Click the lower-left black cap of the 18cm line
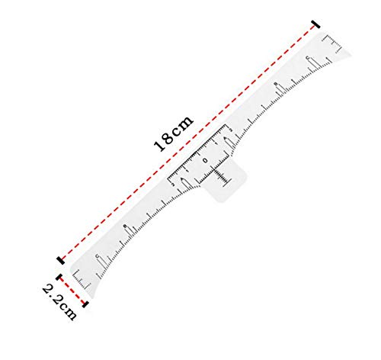click(x=60, y=260)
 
